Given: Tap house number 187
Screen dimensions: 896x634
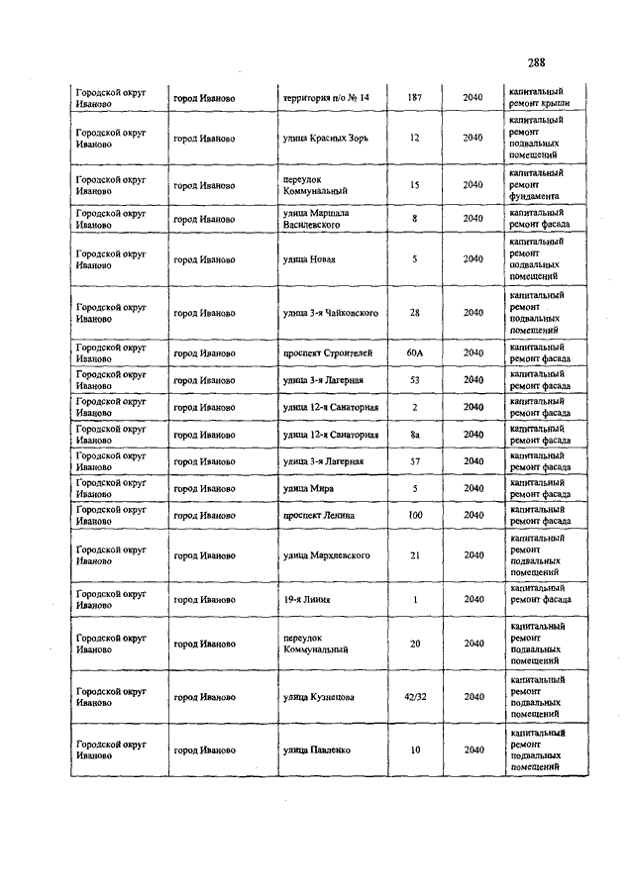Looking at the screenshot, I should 415,98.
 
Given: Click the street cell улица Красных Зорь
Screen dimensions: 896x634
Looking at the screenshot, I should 325,138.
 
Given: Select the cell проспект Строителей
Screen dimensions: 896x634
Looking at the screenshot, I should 327,352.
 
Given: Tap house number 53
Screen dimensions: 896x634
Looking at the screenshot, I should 415,380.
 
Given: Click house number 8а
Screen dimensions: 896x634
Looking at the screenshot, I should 415,435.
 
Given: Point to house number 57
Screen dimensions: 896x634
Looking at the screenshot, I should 415,461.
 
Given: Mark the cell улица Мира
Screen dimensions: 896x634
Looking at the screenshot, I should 308,489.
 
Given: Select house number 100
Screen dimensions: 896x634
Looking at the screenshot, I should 415,516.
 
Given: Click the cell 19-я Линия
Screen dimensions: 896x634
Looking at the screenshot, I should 306,599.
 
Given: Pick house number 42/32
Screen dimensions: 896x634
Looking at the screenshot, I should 415,697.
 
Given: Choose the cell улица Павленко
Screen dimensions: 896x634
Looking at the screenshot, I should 316,750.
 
